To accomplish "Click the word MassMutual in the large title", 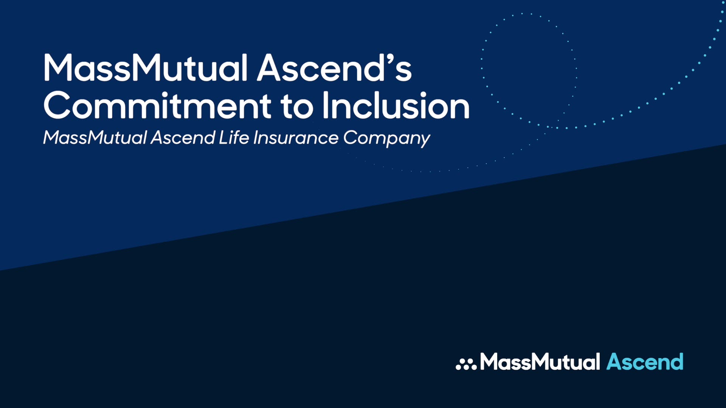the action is (146, 68).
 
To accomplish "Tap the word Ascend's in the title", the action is (334, 68).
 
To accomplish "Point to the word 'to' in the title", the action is (297, 107).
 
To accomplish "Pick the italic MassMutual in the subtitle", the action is (95, 138).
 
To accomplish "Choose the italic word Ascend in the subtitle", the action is (183, 138).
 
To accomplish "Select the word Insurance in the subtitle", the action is (296, 138).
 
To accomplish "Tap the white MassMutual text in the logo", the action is (540, 362).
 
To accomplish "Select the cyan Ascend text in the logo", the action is (645, 362).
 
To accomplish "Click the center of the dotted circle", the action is (529, 70).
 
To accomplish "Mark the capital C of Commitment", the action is (57, 106).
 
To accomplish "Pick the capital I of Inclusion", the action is (325, 106).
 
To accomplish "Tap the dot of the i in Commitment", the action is (164, 94).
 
